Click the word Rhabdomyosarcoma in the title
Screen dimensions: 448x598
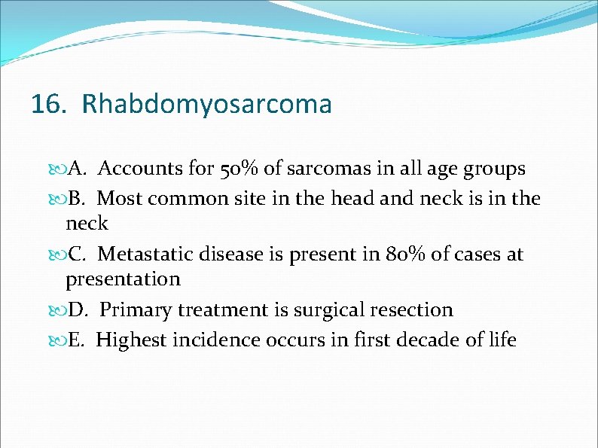click(206, 104)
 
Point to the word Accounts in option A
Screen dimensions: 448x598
click(137, 169)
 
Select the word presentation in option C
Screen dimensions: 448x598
click(123, 279)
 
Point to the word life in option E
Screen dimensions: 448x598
click(502, 340)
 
